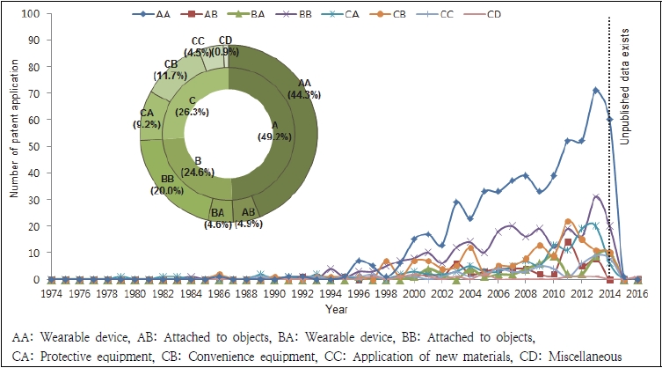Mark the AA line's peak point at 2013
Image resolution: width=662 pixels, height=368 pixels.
(595, 90)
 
